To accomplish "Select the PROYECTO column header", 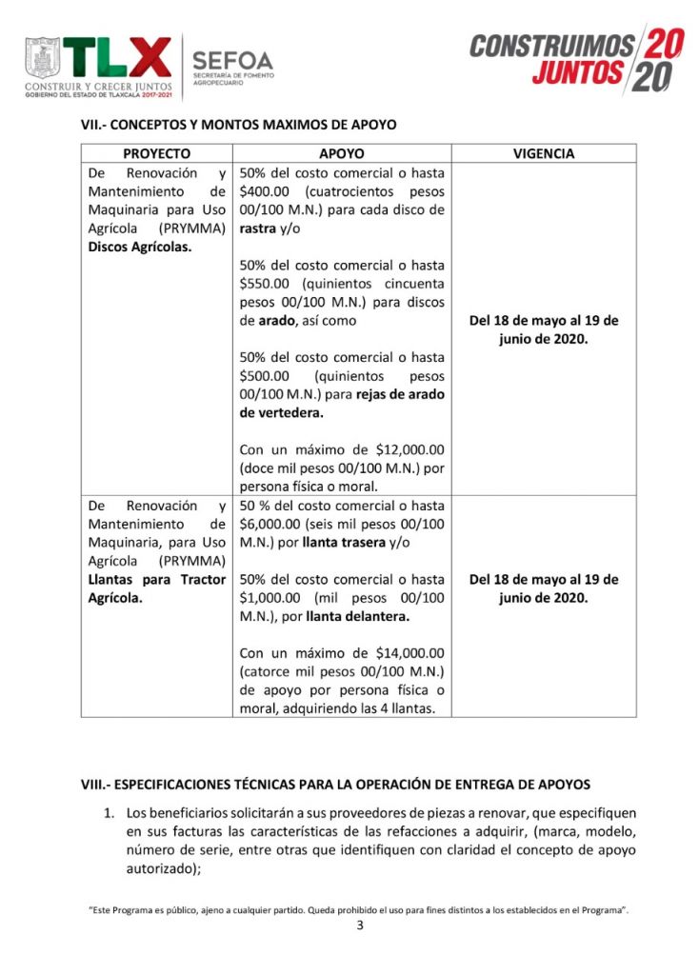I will click(x=157, y=153).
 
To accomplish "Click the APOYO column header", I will click(x=342, y=153).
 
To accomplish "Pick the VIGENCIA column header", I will click(x=544, y=153).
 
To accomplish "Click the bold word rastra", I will click(x=258, y=229).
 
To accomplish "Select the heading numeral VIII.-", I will click(x=97, y=785).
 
